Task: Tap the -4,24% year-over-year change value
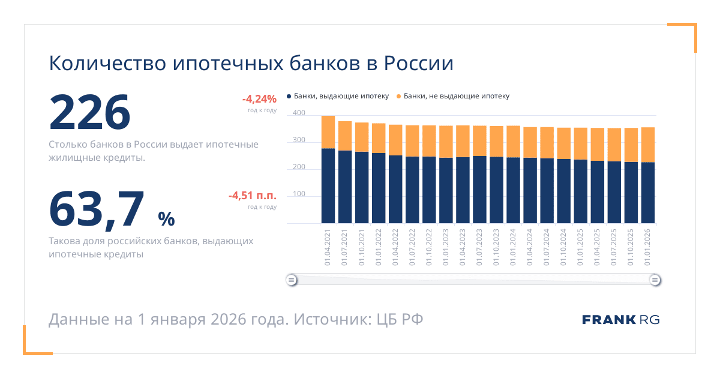tap(259, 99)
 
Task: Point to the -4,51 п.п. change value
tap(252, 196)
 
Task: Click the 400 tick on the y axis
tap(299, 113)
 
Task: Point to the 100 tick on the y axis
tap(299, 195)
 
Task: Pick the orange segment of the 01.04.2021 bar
tap(328, 132)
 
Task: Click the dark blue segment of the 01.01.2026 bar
tap(648, 193)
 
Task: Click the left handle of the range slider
tap(291, 280)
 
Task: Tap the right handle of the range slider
tap(655, 280)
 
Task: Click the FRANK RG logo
tap(621, 320)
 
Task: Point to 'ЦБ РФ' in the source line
tap(400, 319)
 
